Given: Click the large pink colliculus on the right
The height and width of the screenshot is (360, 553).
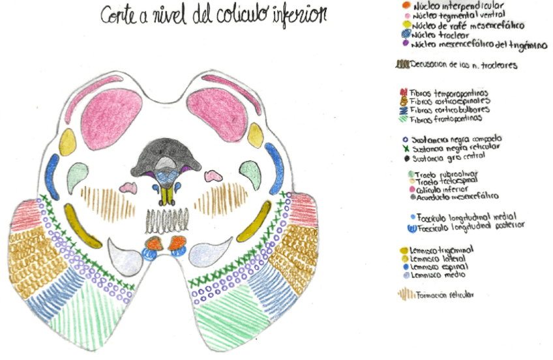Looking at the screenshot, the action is pos(218,110).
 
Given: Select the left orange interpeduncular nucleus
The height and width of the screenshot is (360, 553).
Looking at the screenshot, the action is pos(154,243).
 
